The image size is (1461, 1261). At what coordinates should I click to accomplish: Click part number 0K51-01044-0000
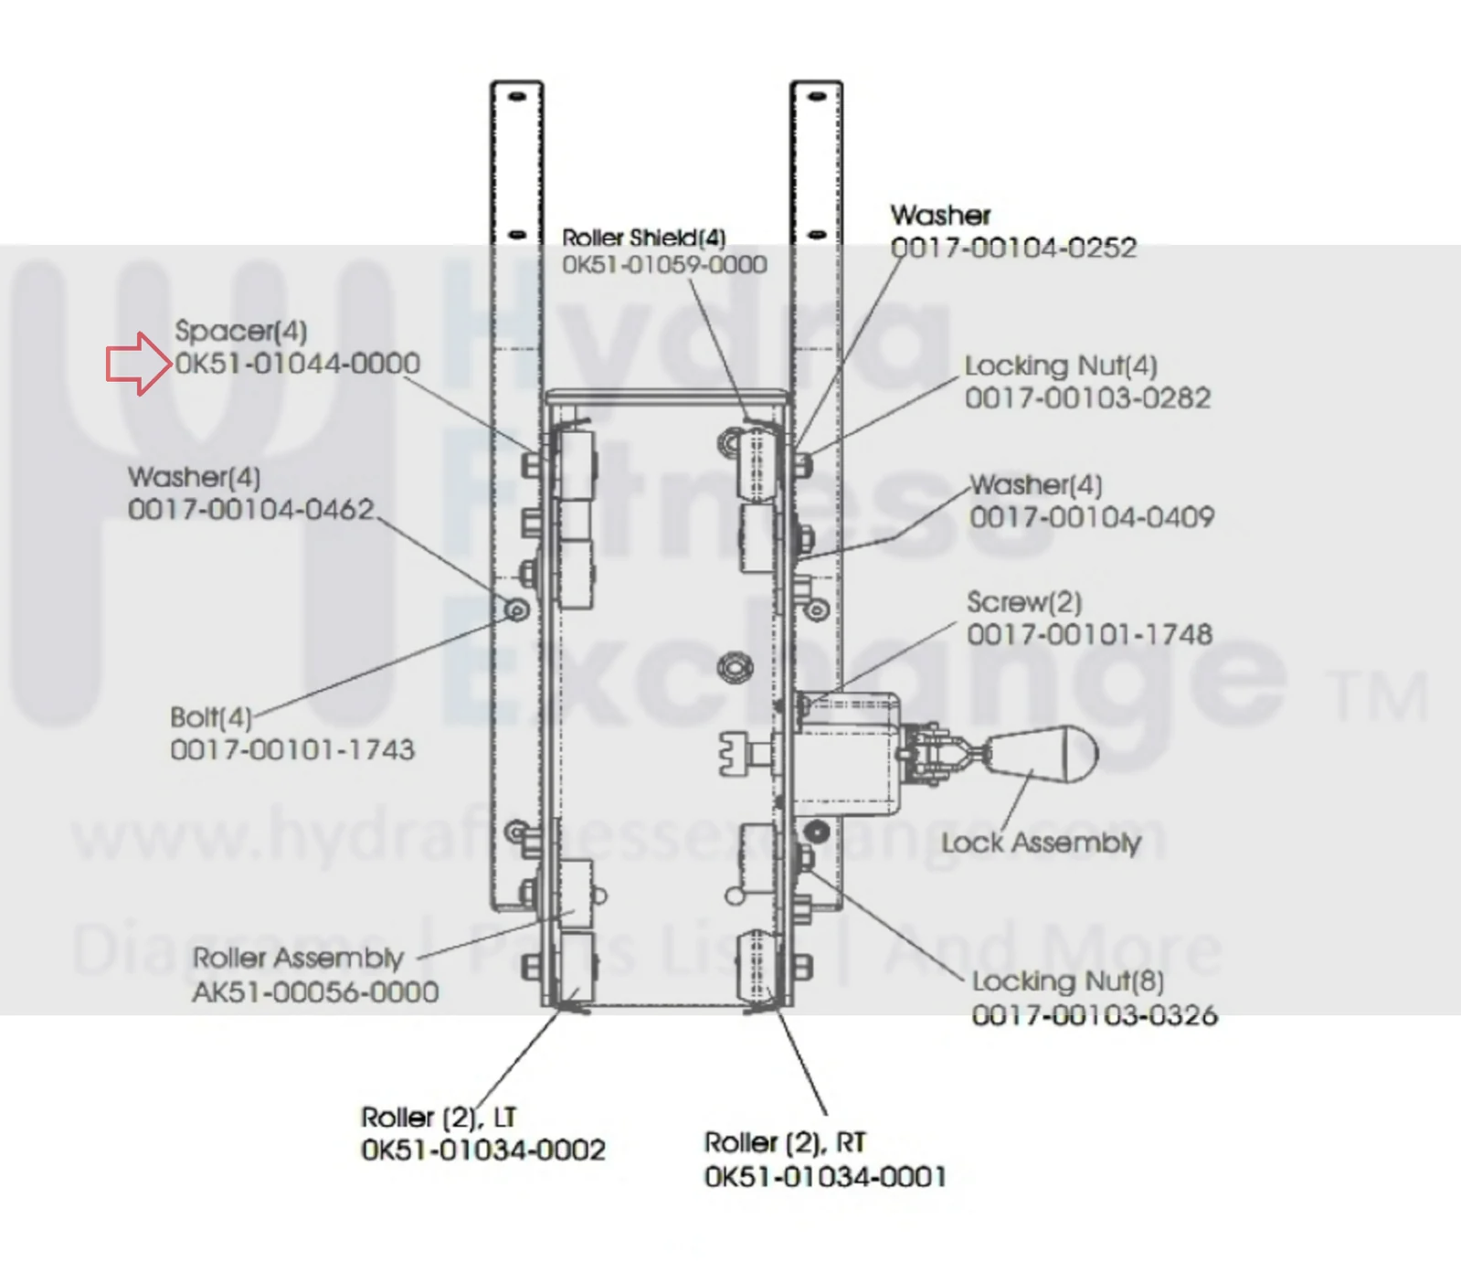(298, 364)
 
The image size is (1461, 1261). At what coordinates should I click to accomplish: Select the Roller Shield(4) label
(644, 238)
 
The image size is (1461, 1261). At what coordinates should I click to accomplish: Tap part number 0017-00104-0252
(1013, 248)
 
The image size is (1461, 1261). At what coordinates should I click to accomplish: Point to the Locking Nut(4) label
(1061, 366)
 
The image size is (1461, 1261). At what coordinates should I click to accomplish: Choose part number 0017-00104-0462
(251, 509)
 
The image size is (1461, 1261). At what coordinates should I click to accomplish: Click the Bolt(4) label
(211, 717)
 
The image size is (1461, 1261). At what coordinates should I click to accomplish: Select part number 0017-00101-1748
(1090, 634)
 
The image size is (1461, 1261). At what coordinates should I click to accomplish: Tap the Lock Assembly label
(1042, 842)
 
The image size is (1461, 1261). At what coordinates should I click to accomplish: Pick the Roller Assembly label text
(298, 959)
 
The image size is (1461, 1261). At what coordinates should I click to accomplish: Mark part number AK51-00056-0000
(315, 991)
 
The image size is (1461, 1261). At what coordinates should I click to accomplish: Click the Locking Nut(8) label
(1068, 981)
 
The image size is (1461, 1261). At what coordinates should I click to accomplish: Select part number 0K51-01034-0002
(483, 1150)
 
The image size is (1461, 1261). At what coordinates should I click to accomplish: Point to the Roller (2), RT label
(785, 1143)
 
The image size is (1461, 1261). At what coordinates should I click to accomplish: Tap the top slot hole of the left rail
(517, 96)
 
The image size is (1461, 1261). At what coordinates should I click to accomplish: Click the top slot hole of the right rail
(817, 96)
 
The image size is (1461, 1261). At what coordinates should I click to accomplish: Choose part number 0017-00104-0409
(1092, 517)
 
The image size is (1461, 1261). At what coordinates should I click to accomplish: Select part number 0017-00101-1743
(292, 750)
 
